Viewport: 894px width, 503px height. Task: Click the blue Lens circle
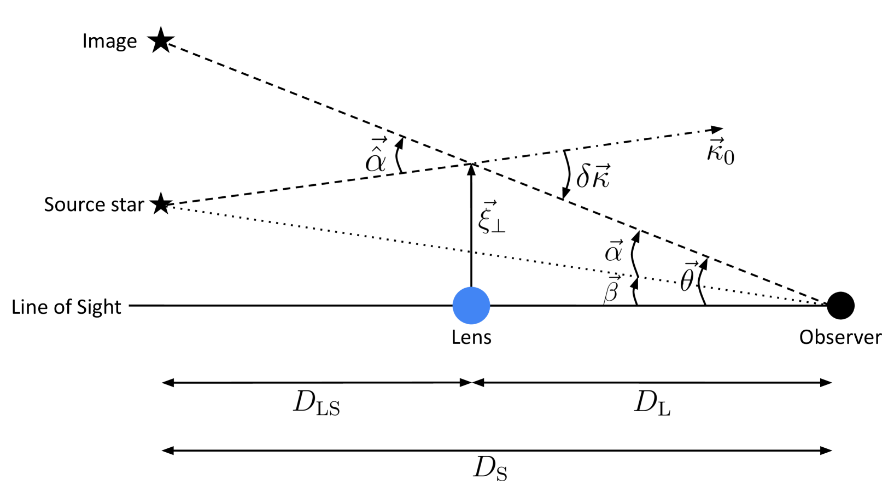(x=471, y=306)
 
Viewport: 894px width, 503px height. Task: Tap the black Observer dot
(x=840, y=306)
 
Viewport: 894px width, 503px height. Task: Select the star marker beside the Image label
(x=161, y=40)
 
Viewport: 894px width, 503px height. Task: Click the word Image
(x=109, y=41)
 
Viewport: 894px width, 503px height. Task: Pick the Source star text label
(x=94, y=204)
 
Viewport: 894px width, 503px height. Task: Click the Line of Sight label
(x=66, y=307)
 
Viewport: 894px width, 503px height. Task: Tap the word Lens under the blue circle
(x=471, y=337)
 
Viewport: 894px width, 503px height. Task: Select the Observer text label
(x=840, y=337)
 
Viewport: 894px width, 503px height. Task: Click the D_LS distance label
(x=317, y=405)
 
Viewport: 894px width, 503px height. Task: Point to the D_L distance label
(x=652, y=405)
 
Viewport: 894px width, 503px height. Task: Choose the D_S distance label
(x=490, y=469)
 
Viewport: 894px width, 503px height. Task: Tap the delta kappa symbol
(x=593, y=176)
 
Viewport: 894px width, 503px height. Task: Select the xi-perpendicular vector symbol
(x=490, y=218)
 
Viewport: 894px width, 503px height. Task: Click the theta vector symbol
(x=688, y=278)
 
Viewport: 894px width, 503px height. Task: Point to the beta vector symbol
(x=611, y=290)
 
